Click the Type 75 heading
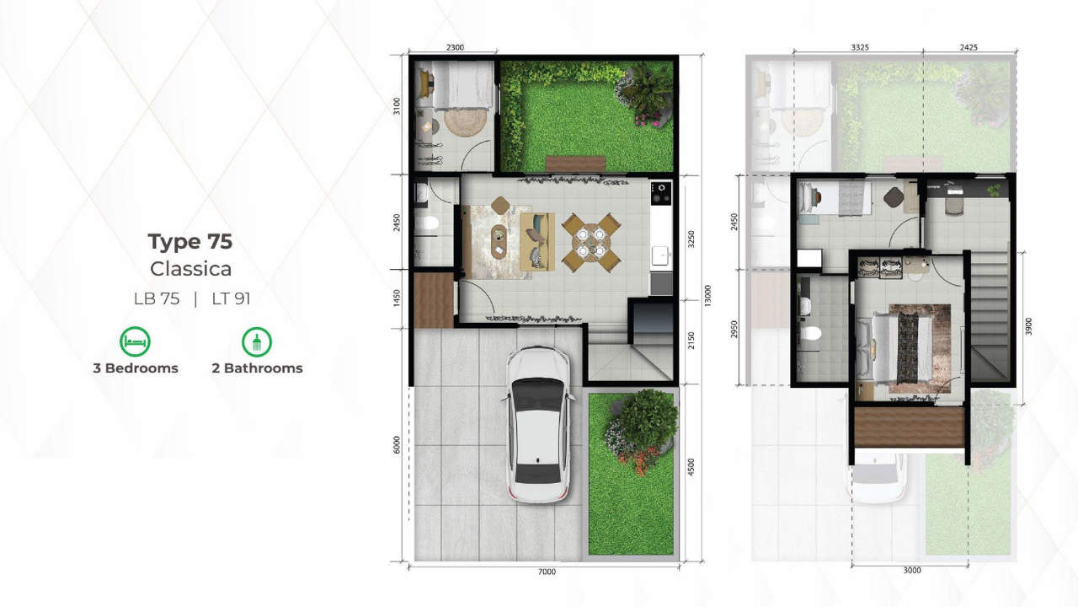point(190,241)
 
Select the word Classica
point(190,269)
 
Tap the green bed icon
point(135,341)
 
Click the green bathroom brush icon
point(257,341)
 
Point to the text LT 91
point(231,298)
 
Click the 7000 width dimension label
point(547,572)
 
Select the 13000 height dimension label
point(707,295)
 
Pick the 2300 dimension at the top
point(456,47)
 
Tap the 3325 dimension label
point(860,47)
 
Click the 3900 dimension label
point(1028,326)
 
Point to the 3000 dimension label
point(912,571)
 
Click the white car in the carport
point(538,424)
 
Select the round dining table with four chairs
point(591,242)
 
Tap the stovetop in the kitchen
point(661,193)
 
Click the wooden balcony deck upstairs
point(910,427)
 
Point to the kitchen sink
point(661,255)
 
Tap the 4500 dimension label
point(691,467)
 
